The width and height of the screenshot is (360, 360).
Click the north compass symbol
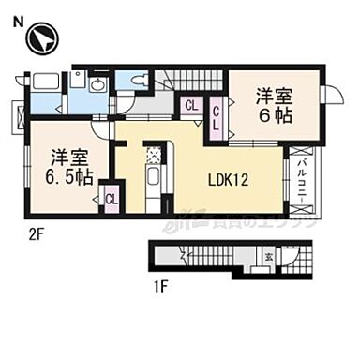tap(41, 39)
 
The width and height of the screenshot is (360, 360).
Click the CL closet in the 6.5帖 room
tap(111, 199)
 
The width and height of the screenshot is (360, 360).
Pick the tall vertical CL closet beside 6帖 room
tap(217, 119)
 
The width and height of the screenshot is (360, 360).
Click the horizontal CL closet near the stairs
tap(191, 106)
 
